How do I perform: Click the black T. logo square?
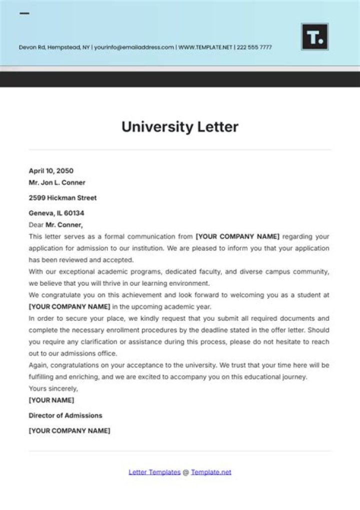tap(314, 37)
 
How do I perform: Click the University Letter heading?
tap(180, 127)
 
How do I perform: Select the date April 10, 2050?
tap(51, 171)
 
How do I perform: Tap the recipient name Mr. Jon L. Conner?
tap(57, 182)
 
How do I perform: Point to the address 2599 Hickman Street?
tap(62, 198)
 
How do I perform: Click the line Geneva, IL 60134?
tap(56, 213)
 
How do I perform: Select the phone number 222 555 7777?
tap(254, 48)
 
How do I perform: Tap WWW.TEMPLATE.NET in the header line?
tap(205, 48)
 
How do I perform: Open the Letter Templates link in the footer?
tap(154, 472)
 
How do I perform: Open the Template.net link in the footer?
tap(211, 472)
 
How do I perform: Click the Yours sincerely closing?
tap(53, 388)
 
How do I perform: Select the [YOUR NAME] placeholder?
tap(51, 400)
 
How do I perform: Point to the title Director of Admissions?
tap(65, 415)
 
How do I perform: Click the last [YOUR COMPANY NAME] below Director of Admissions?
tap(69, 430)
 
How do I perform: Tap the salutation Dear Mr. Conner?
tap(55, 225)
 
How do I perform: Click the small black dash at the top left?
tap(24, 14)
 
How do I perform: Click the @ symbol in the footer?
tap(185, 472)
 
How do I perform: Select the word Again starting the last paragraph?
tap(38, 365)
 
